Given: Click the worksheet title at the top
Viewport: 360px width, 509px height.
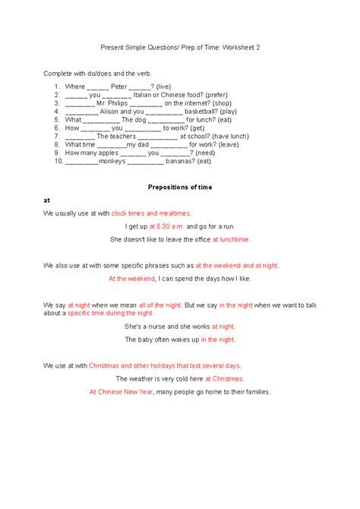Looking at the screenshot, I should coord(180,47).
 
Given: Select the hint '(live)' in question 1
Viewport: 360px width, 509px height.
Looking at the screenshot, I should coord(166,87).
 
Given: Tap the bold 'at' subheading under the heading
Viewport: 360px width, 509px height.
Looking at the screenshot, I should coord(46,200).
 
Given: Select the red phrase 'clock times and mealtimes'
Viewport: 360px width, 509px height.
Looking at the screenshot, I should coord(151,213).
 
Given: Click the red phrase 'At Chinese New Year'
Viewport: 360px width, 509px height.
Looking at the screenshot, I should coord(121,392).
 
